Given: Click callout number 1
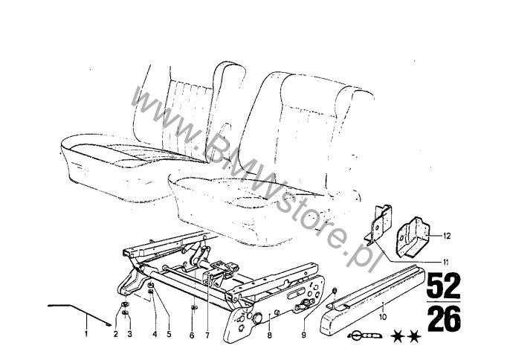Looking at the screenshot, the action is [86, 334].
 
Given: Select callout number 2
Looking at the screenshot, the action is [116, 334].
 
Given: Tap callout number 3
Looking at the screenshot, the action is [129, 334].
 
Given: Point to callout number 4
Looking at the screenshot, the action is [155, 334].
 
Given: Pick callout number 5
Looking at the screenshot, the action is [169, 334].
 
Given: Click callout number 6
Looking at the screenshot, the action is [192, 335].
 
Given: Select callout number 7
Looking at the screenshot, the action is [207, 335].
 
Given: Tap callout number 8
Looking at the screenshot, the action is [269, 335].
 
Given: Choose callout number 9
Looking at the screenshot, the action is [304, 335].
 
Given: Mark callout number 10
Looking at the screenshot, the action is [383, 317].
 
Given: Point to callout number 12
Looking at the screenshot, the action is [448, 236].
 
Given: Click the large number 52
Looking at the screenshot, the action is [444, 286].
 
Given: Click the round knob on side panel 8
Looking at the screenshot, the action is [257, 318].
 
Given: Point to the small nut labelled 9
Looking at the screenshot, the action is [334, 290].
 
